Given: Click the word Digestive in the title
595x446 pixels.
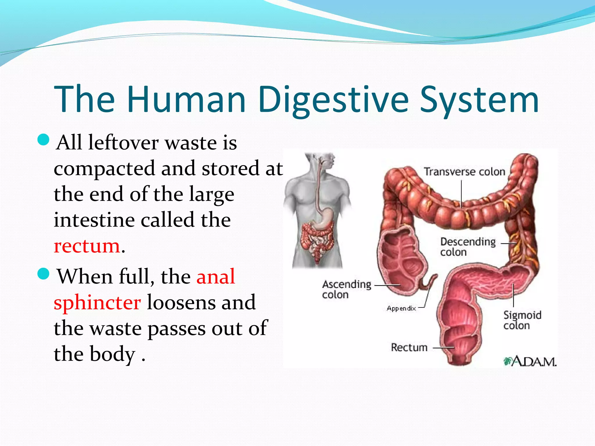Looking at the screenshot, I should pos(334,99).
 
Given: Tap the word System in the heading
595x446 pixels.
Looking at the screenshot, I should pos(479,99).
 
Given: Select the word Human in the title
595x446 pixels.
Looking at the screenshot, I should pos(187,99).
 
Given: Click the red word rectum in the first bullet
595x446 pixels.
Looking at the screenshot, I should pos(87,246).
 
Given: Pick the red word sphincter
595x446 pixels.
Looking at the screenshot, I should pos(97,303).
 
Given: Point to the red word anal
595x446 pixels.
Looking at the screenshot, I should pos(216,276).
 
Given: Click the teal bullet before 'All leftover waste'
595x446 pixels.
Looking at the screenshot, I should pos(44,140).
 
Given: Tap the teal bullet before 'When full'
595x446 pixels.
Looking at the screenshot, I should pos(44,274).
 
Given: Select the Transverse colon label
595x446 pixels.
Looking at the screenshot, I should pos(464,172).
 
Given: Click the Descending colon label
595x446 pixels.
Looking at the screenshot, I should pos(468,247).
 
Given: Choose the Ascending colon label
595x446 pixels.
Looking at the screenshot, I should pos(347,289).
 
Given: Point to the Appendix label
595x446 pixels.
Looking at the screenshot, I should pos(401,308).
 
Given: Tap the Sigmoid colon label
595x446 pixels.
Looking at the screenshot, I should pos(522,320).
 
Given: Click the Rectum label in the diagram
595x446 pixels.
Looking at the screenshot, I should pos(409,347).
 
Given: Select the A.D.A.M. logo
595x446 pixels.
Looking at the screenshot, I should pos(530,362).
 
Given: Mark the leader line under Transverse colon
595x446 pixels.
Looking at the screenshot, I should pos(461,193).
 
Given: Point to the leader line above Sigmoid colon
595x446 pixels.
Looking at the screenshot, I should pos(513,295).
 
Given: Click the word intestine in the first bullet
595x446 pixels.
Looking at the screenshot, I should pos(94,220).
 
